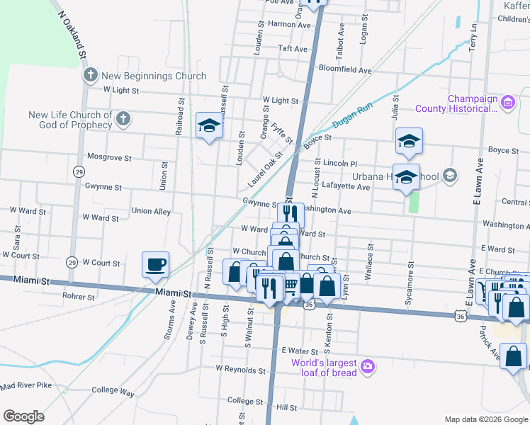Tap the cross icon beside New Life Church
pyautogui.click(x=123, y=118)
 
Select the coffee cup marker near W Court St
pyautogui.click(x=156, y=266)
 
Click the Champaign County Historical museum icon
pyautogui.click(x=507, y=103)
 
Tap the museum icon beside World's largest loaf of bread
pyautogui.click(x=368, y=365)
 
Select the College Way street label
pyautogui.click(x=113, y=391)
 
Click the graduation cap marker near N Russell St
pyautogui.click(x=209, y=127)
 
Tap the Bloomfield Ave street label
pyautogui.click(x=345, y=71)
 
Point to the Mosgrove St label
pyautogui.click(x=105, y=156)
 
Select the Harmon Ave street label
pyautogui.click(x=289, y=25)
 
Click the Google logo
pyautogui.click(x=24, y=416)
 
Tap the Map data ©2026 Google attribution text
pyautogui.click(x=485, y=419)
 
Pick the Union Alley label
pyautogui.click(x=151, y=211)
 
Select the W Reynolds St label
pyautogui.click(x=240, y=369)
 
